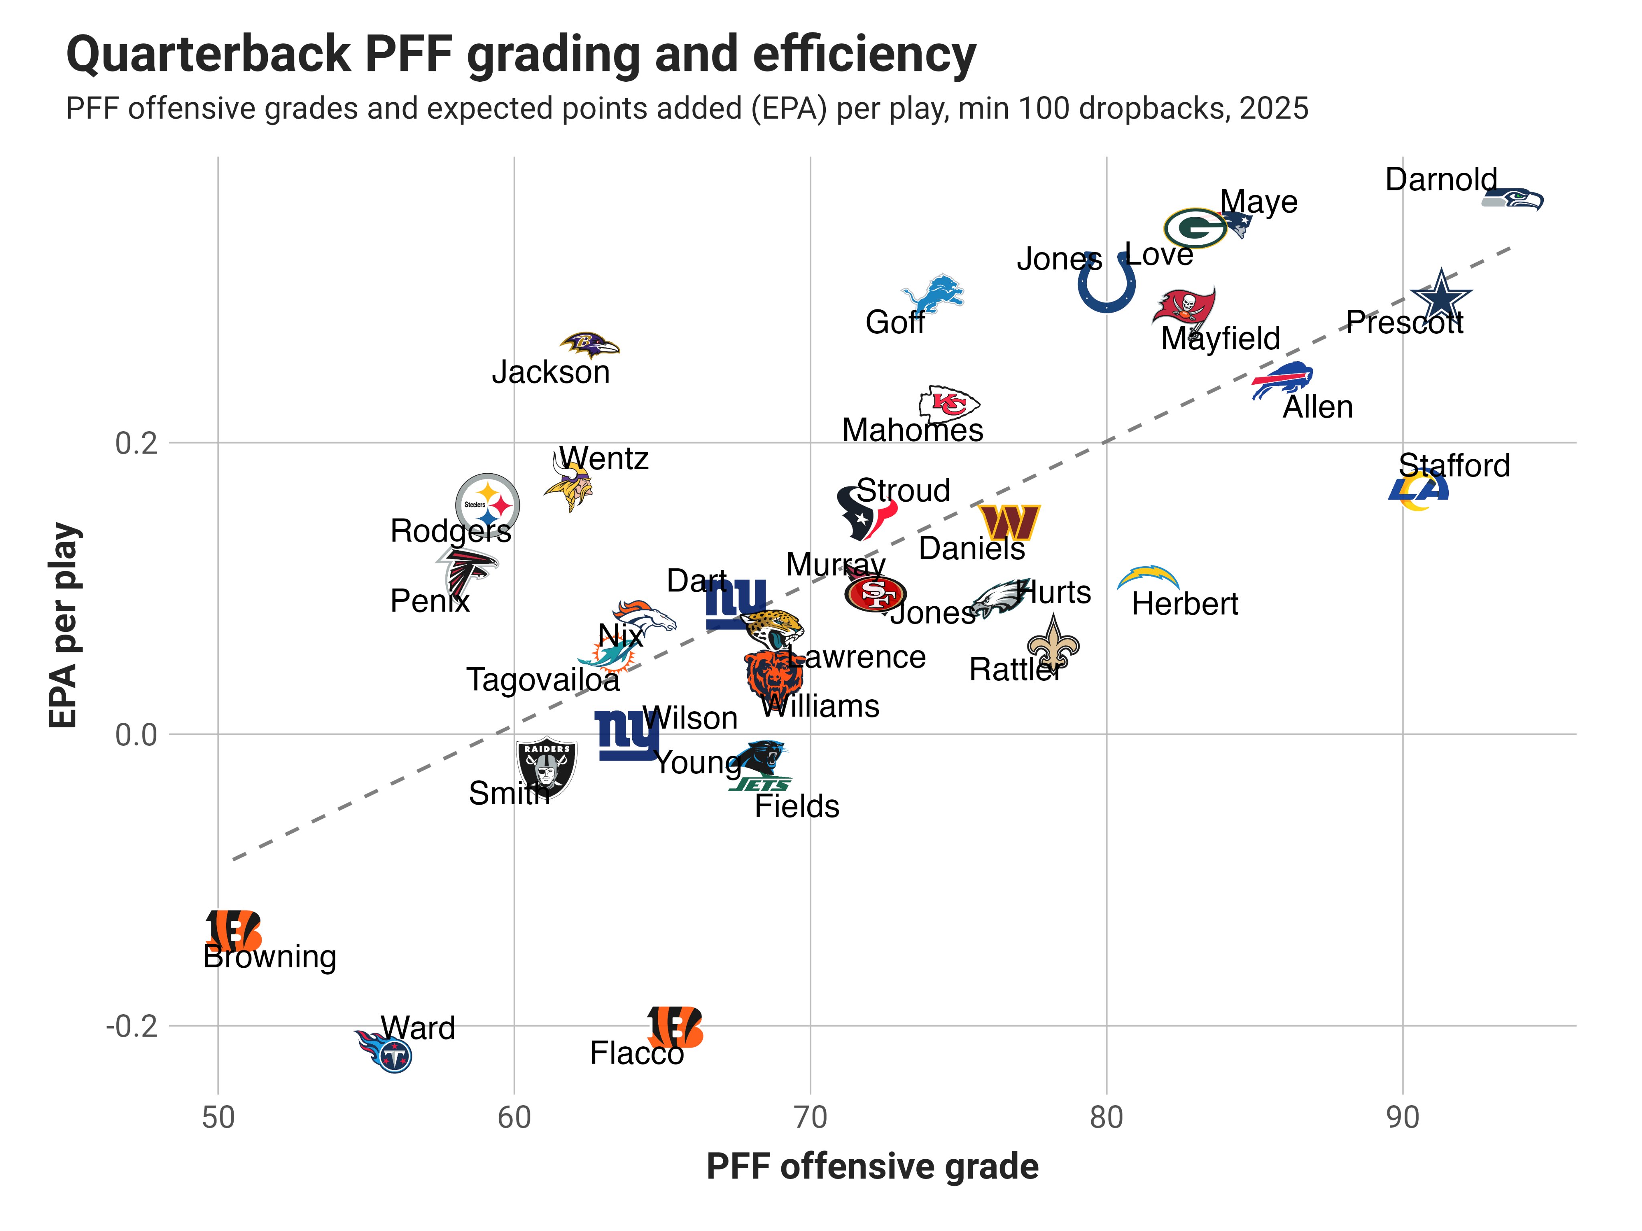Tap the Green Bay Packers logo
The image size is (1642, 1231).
coord(1194,228)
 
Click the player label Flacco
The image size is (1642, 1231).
coord(636,1053)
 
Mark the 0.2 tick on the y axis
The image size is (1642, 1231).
coord(137,444)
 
